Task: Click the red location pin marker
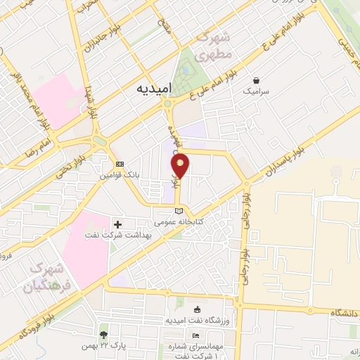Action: (x=181, y=166)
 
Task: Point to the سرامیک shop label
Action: (x=254, y=92)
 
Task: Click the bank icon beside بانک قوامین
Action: (x=120, y=164)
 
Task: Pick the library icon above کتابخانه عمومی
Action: (x=179, y=211)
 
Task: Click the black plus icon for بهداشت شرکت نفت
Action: (x=127, y=224)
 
